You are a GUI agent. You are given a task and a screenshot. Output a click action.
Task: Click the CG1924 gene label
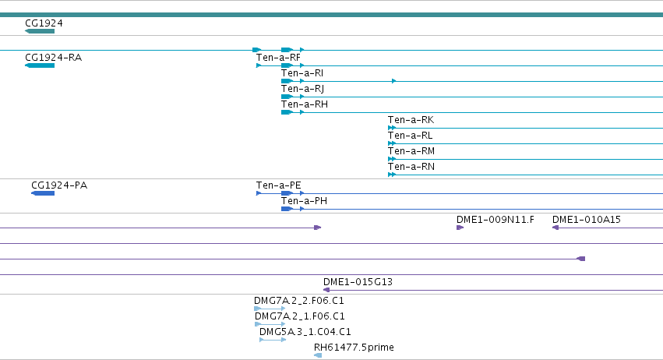pyautogui.click(x=44, y=23)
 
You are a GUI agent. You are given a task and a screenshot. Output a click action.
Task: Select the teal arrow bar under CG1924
pyautogui.click(x=40, y=31)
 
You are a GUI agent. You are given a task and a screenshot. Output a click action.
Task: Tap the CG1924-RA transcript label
pyautogui.click(x=53, y=58)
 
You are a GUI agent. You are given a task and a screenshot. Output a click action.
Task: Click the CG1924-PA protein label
pyautogui.click(x=59, y=185)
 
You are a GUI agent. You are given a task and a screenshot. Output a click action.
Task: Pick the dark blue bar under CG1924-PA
pyautogui.click(x=43, y=193)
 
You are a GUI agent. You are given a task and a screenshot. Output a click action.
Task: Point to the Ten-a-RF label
pyautogui.click(x=278, y=58)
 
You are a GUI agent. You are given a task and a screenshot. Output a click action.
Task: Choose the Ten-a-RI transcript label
pyautogui.click(x=302, y=73)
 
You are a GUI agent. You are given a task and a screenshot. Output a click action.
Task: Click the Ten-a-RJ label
pyautogui.click(x=303, y=89)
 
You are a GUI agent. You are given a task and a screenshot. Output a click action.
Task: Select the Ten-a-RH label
pyautogui.click(x=305, y=104)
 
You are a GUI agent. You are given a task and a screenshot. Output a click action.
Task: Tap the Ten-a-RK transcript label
pyautogui.click(x=411, y=120)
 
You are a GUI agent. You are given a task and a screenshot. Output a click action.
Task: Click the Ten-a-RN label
pyautogui.click(x=411, y=167)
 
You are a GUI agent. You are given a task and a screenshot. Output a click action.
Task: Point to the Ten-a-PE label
pyautogui.click(x=279, y=185)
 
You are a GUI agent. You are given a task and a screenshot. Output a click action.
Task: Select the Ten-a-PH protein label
pyautogui.click(x=305, y=201)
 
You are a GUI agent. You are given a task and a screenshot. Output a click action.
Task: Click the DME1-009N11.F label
pyautogui.click(x=495, y=220)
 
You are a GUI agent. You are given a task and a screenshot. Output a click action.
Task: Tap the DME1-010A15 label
pyautogui.click(x=587, y=220)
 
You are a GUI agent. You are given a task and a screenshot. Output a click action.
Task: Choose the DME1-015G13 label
pyautogui.click(x=358, y=282)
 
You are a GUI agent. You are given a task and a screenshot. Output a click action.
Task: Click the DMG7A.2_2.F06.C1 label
pyautogui.click(x=299, y=301)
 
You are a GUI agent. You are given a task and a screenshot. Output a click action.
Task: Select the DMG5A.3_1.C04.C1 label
pyautogui.click(x=305, y=332)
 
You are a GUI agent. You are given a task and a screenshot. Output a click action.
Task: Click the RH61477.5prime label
pyautogui.click(x=354, y=348)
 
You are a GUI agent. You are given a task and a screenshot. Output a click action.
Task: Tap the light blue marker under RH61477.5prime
pyautogui.click(x=318, y=355)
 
